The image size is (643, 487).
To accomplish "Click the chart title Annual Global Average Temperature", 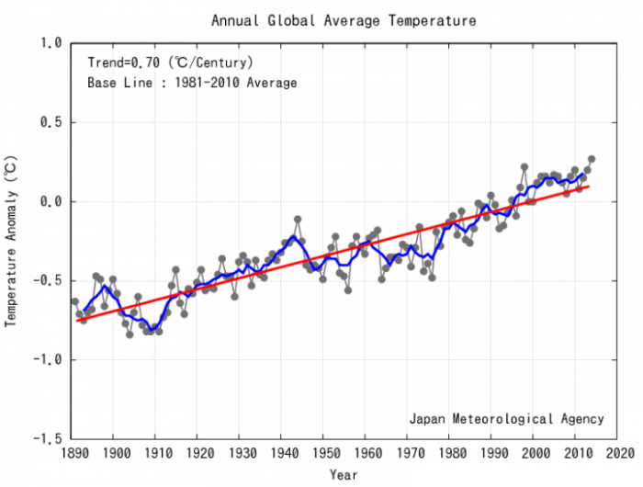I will (x=344, y=19).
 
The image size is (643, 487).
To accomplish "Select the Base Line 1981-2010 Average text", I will (x=192, y=83).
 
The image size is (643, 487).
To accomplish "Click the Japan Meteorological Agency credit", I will (x=506, y=419).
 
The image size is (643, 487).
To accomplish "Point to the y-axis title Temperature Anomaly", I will (x=12, y=241).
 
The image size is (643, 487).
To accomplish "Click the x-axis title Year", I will (x=344, y=475).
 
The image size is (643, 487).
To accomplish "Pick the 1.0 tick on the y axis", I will (x=51, y=43).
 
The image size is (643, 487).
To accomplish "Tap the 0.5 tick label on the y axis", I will (x=51, y=122).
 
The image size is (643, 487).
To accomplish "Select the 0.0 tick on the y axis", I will (x=51, y=201).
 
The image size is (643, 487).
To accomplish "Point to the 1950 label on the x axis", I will (x=323, y=453).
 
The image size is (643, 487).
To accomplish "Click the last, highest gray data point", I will (x=592, y=159).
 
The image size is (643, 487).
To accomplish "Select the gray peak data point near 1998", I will (x=525, y=167).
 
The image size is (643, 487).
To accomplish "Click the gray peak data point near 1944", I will (x=298, y=220).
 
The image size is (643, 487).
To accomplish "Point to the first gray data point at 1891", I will (x=75, y=301).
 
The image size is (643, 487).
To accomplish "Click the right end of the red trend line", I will (x=588, y=187).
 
